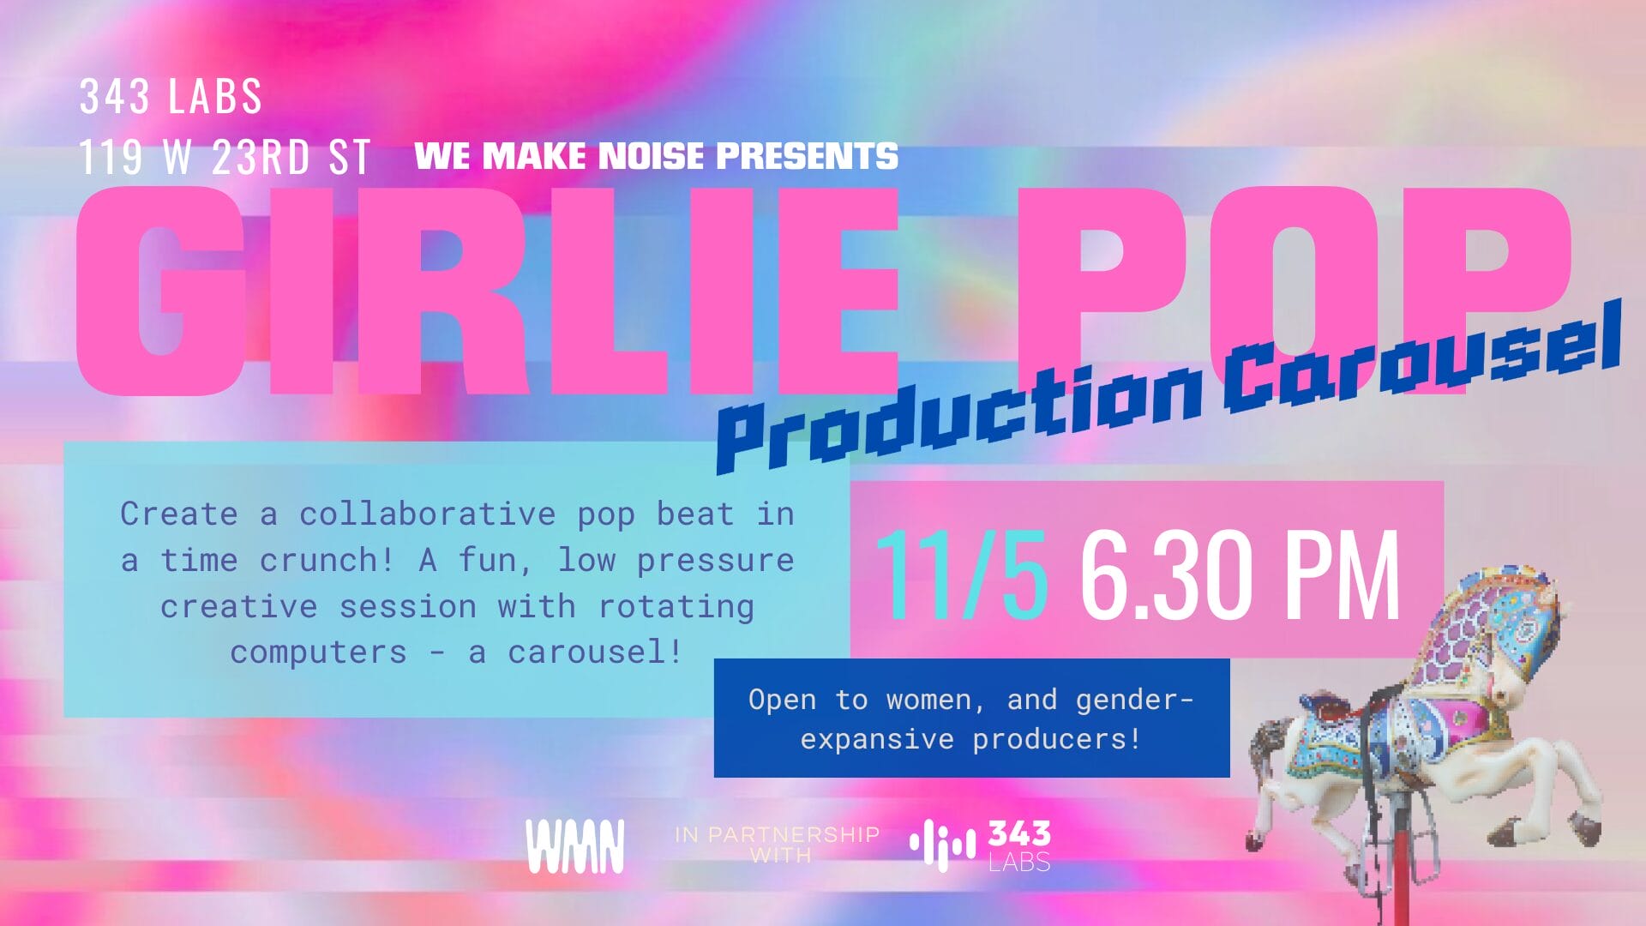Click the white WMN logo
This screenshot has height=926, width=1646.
(x=575, y=846)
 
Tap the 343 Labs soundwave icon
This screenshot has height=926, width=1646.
(x=942, y=845)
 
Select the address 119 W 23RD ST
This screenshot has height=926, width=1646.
(x=225, y=158)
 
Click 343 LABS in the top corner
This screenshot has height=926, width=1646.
(x=171, y=96)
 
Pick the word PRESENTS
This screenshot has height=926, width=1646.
(x=807, y=156)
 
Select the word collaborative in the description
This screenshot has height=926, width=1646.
(x=428, y=514)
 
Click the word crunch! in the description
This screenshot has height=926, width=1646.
(x=326, y=561)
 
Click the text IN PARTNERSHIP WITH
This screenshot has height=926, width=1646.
(x=778, y=845)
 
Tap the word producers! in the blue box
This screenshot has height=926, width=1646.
(x=1057, y=739)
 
